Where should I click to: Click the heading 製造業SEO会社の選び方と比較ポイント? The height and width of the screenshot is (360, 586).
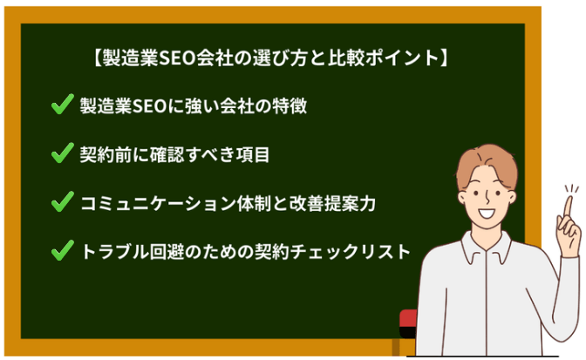[x=271, y=60]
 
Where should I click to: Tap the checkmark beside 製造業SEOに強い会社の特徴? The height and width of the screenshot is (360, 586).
[x=61, y=107]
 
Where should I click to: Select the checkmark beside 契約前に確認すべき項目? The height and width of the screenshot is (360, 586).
[x=61, y=154]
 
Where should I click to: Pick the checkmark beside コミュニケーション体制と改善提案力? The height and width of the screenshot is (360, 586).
[x=61, y=203]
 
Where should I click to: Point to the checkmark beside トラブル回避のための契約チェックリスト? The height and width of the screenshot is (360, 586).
[x=61, y=252]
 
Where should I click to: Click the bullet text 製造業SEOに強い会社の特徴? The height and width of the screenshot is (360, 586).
[x=192, y=107]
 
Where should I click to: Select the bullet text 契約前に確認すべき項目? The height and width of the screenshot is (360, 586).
[x=174, y=155]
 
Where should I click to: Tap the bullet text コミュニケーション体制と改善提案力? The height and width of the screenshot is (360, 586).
[x=228, y=203]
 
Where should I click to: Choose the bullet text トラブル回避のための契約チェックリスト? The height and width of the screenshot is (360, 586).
[x=244, y=252]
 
